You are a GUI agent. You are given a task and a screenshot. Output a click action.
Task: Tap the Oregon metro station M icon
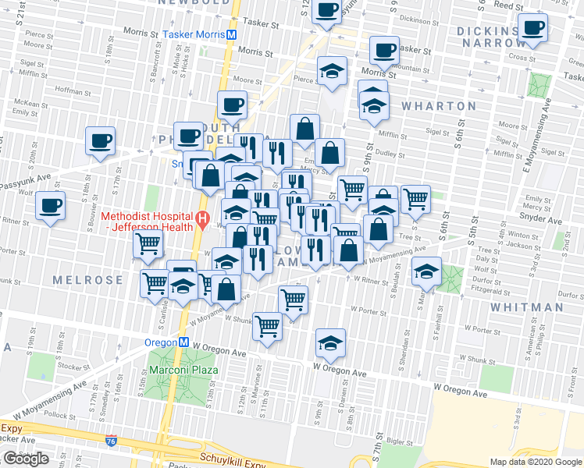click(183, 342)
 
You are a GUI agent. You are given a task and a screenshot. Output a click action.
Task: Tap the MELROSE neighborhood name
click(87, 279)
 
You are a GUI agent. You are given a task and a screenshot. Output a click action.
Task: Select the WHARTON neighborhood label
click(438, 106)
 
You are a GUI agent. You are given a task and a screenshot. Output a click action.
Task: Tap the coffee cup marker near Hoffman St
click(100, 141)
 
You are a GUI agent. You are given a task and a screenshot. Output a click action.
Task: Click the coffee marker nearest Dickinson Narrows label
click(533, 28)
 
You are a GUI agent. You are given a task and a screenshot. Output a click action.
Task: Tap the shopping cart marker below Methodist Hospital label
click(148, 244)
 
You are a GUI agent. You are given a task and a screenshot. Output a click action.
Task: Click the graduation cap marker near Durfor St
click(426, 271)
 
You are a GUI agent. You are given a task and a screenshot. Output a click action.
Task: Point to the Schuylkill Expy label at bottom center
click(233, 459)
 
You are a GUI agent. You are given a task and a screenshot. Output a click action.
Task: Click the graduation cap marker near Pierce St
click(332, 71)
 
